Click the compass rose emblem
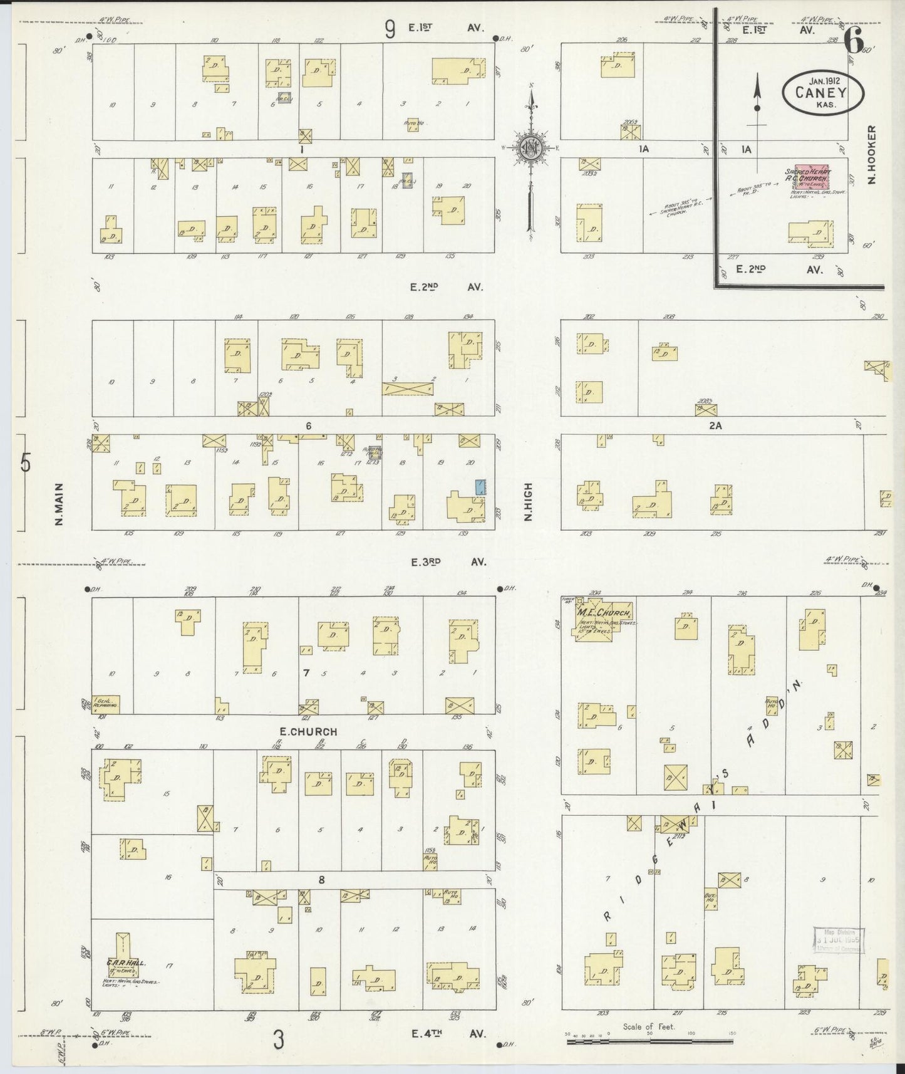[x=530, y=148]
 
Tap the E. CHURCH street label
[x=308, y=731]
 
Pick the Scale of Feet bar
[x=649, y=1042]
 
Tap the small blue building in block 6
[x=480, y=487]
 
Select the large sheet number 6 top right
[x=852, y=41]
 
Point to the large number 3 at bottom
[x=278, y=1040]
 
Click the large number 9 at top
[x=390, y=29]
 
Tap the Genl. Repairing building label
[x=105, y=704]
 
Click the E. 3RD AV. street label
[x=448, y=562]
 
